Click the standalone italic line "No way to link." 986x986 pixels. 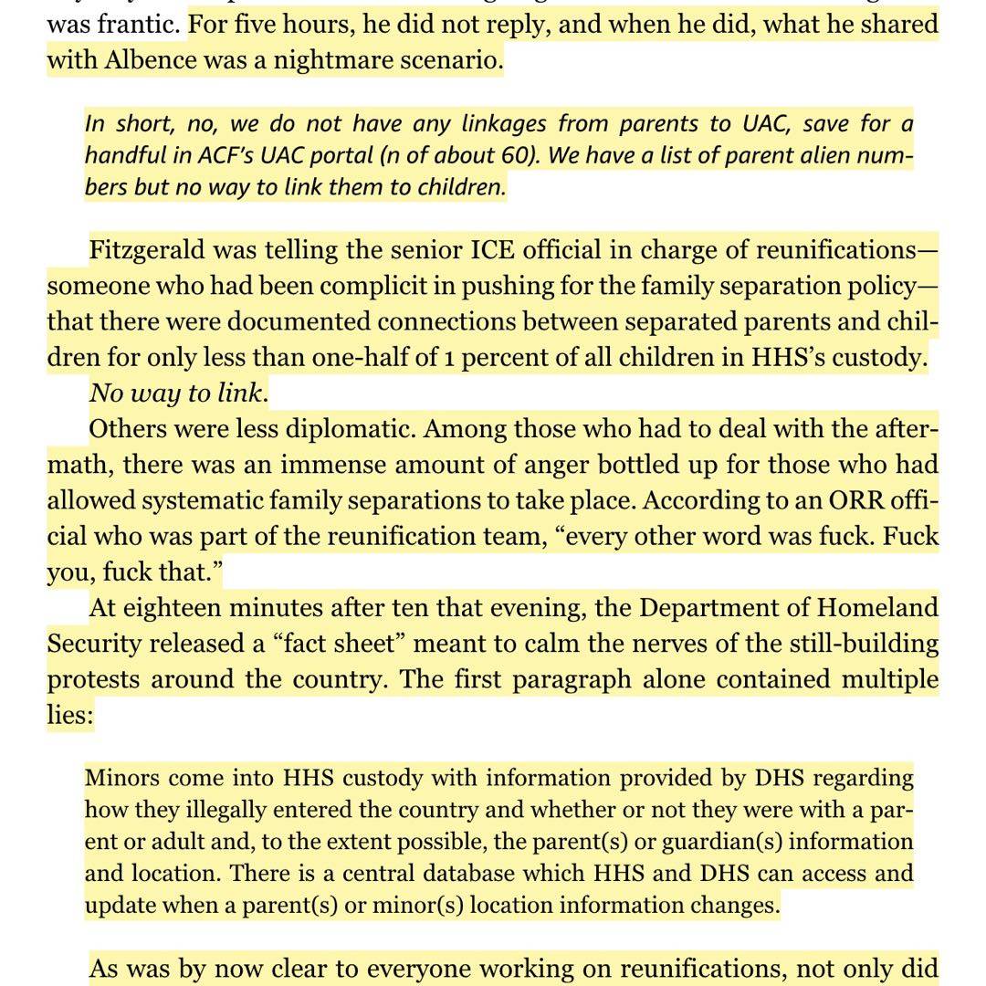[179, 393]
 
